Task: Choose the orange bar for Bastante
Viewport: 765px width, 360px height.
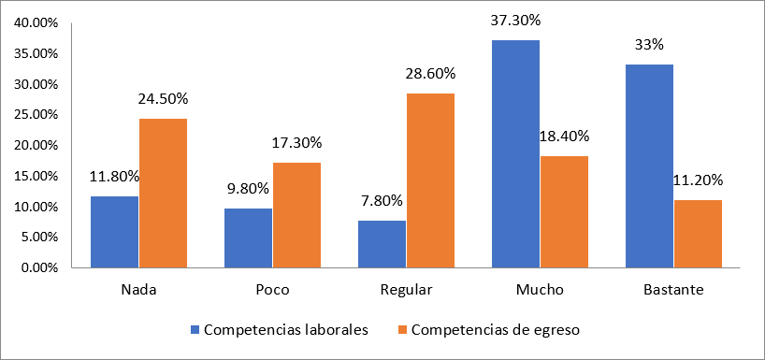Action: click(x=698, y=234)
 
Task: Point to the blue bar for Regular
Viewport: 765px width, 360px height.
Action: click(x=382, y=244)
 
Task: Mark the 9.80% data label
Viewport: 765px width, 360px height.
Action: click(x=248, y=188)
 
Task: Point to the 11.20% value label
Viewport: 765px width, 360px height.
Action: click(x=699, y=180)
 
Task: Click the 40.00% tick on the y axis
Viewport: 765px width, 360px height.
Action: click(x=36, y=23)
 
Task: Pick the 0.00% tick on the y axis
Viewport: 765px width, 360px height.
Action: click(x=38, y=267)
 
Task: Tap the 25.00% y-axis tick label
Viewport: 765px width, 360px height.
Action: click(x=36, y=115)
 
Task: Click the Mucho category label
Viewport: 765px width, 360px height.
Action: click(x=540, y=290)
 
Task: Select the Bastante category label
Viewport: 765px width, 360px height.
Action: click(x=673, y=290)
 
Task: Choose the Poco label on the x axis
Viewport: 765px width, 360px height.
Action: click(x=272, y=290)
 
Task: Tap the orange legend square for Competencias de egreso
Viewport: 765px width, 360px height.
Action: click(x=402, y=329)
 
